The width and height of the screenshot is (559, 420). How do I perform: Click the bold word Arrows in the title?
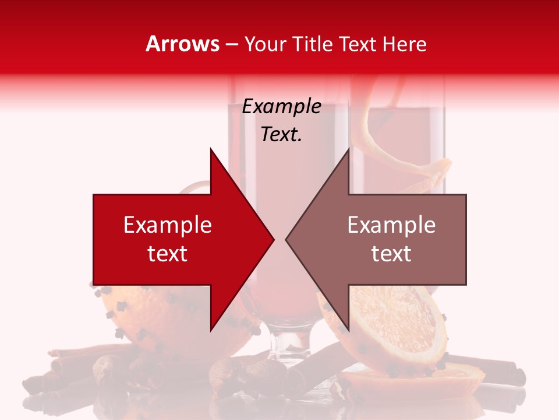click(x=182, y=44)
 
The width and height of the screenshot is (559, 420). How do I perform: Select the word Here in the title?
click(x=404, y=44)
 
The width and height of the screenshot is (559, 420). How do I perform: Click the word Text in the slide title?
click(x=358, y=44)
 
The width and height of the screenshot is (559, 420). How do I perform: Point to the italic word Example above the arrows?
click(x=281, y=106)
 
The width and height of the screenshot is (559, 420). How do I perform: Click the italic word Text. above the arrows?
click(x=281, y=134)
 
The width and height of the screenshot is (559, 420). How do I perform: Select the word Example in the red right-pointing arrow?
click(x=168, y=225)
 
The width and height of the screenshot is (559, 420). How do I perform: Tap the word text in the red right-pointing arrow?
click(x=168, y=253)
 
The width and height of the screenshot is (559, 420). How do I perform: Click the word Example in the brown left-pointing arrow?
click(x=391, y=225)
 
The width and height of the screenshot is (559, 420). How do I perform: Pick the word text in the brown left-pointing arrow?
click(x=391, y=253)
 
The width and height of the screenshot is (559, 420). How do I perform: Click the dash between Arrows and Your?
click(x=231, y=44)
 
